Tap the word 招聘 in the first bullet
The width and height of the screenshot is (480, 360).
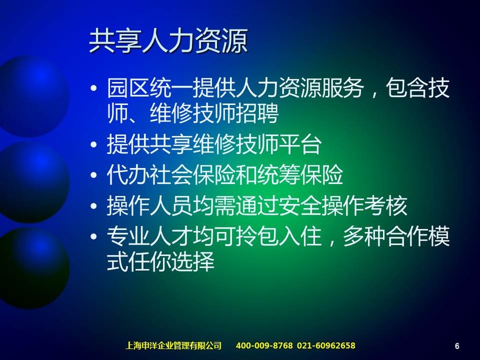[257, 113]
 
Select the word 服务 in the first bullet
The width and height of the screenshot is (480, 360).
[343, 88]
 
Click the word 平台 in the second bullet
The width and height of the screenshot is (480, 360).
[300, 144]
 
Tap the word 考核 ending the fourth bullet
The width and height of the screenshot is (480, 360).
[386, 205]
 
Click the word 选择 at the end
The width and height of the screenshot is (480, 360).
[193, 261]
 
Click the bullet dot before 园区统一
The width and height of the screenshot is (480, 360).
[94, 89]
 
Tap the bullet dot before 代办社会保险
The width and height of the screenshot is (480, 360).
[94, 175]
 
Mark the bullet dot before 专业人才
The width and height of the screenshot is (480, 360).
[94, 237]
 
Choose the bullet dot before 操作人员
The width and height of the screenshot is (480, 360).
[94, 206]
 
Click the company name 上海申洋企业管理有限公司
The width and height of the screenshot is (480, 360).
[173, 345]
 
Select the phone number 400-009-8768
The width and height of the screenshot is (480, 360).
[264, 345]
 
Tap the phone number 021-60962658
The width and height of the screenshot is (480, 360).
[326, 345]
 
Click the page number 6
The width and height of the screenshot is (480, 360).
[457, 346]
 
